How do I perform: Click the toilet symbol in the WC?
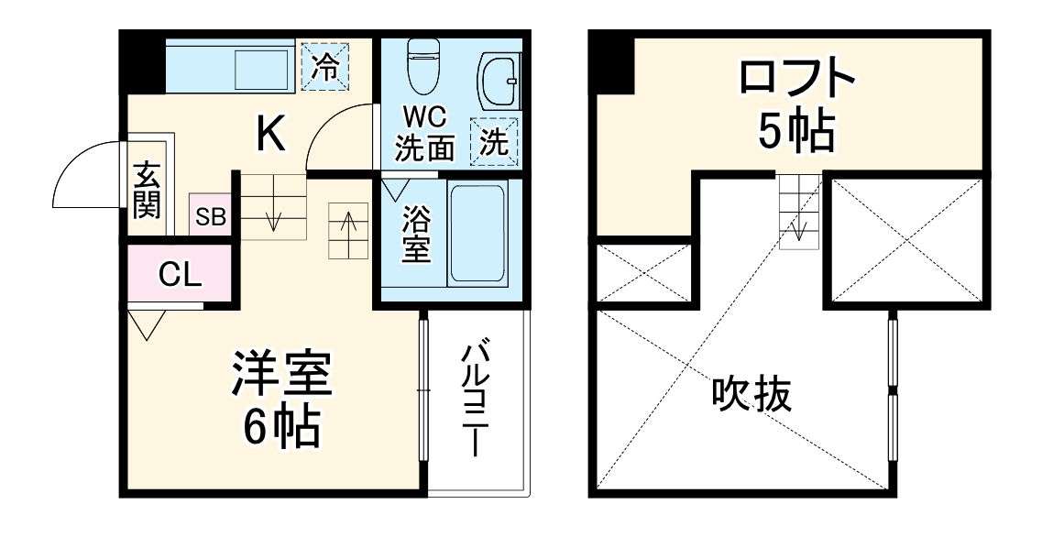[x=422, y=66]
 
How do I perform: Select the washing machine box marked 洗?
[x=495, y=143]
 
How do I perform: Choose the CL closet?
[x=180, y=275]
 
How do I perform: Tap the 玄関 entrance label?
[x=147, y=191]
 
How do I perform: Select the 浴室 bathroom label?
[x=417, y=235]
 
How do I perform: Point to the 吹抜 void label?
[x=751, y=395]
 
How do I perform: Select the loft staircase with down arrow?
[x=798, y=211]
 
